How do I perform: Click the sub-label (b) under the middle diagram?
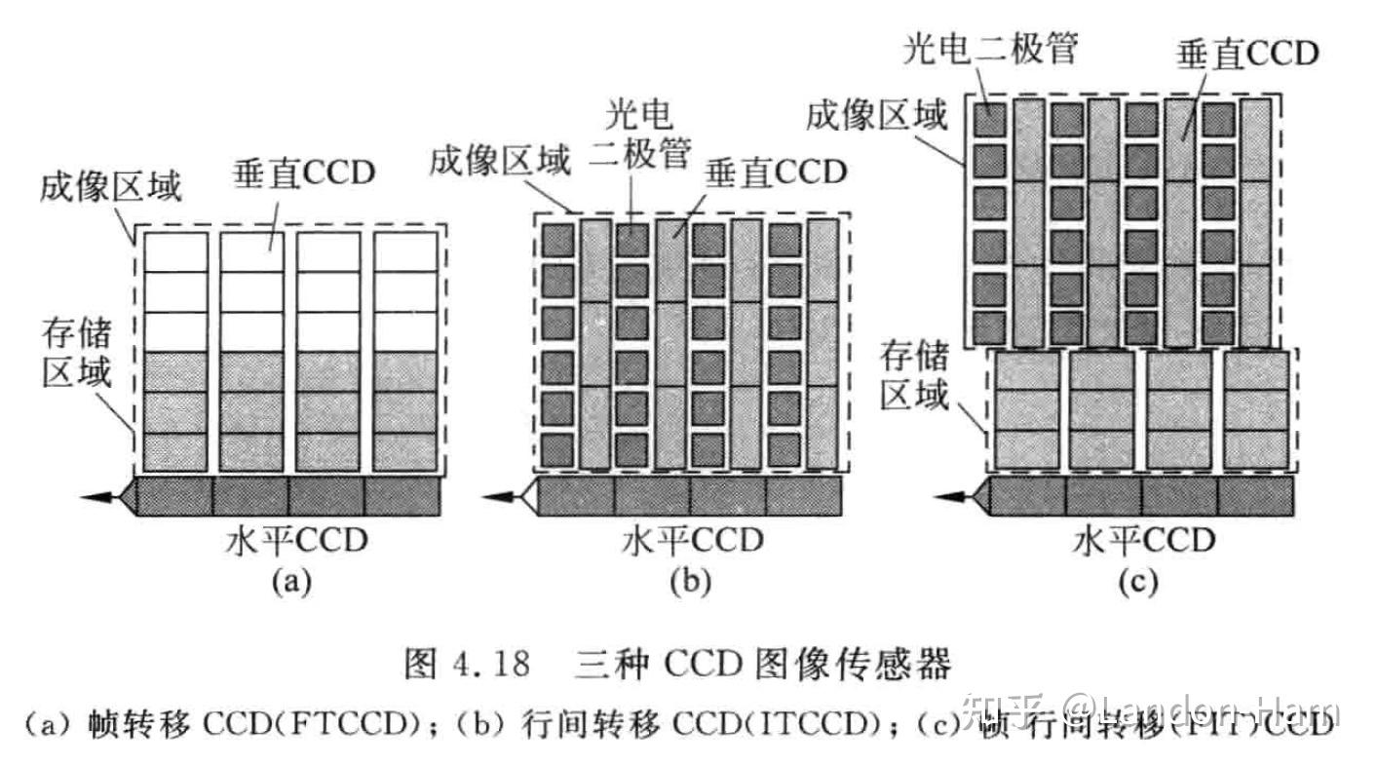691,582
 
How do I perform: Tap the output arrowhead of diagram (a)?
97,498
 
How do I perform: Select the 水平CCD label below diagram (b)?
692,540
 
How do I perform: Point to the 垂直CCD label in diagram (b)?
776,173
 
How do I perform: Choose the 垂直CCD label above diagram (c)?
1249,55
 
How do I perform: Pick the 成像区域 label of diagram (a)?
110,185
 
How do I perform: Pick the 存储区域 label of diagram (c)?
913,375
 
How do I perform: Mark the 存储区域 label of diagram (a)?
76,353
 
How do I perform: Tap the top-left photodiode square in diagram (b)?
558,240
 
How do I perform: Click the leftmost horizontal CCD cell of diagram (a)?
174,497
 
